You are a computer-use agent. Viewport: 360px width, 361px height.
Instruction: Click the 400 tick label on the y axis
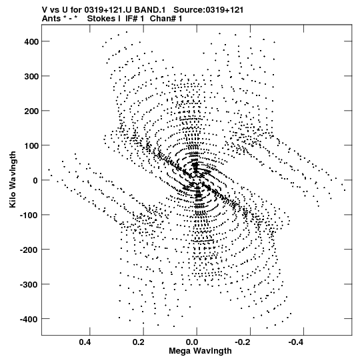(31, 42)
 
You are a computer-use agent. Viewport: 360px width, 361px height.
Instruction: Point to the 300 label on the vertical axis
(31, 77)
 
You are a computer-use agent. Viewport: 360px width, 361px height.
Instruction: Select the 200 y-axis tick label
(31, 111)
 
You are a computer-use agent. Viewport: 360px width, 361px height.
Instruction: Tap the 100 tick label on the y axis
(31, 146)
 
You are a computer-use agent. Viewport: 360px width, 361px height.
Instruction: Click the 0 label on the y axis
(35, 181)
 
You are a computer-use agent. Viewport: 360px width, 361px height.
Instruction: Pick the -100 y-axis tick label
(29, 216)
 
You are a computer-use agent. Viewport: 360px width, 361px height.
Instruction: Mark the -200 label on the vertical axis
(29, 250)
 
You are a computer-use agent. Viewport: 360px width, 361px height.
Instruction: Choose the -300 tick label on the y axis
(29, 285)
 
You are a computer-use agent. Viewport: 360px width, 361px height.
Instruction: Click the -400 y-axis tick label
(29, 320)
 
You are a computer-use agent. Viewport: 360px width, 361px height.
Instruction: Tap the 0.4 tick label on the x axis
(85, 342)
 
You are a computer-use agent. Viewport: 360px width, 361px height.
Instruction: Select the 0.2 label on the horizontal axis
(139, 342)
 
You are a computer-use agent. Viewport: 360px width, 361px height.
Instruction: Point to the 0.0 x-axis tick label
(192, 342)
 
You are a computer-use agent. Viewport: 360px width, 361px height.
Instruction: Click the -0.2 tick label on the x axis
(243, 342)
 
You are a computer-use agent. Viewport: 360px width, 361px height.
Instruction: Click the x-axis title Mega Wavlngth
(200, 351)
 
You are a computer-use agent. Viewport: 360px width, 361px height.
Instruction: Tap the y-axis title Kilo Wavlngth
(13, 179)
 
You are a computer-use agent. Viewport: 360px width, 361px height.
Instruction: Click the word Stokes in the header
(103, 19)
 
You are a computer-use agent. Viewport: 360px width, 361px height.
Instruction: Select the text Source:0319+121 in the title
(208, 10)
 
